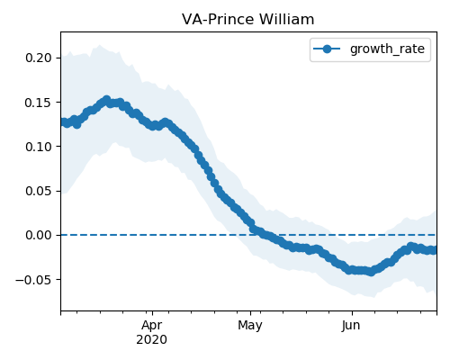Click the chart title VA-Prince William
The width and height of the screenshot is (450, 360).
pos(248,20)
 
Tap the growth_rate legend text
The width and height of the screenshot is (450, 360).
pos(387,49)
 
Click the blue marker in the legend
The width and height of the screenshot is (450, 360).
pos(327,49)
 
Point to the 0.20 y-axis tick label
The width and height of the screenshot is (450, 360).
pos(39,58)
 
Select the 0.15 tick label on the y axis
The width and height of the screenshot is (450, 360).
pos(39,103)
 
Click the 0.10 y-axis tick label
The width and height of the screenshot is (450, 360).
pos(39,147)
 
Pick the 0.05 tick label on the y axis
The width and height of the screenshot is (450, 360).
pos(39,191)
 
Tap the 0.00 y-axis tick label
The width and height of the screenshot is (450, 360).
pos(39,235)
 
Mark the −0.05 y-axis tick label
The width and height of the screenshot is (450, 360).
pos(34,280)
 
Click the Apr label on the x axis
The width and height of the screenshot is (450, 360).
pos(152,326)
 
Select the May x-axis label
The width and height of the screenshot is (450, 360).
pos(250,326)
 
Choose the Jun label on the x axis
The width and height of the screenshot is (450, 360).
pos(351,326)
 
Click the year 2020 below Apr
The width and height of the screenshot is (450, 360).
pos(151,340)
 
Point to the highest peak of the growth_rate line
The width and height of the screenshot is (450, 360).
pos(106,99)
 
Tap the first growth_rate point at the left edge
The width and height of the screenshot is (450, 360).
pos(62,121)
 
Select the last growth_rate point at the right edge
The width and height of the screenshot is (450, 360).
pos(435,250)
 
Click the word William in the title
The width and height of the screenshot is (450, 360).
pos(287,20)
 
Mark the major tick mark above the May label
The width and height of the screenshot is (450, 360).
pos(251,313)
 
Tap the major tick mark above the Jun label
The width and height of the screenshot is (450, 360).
pos(352,313)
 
